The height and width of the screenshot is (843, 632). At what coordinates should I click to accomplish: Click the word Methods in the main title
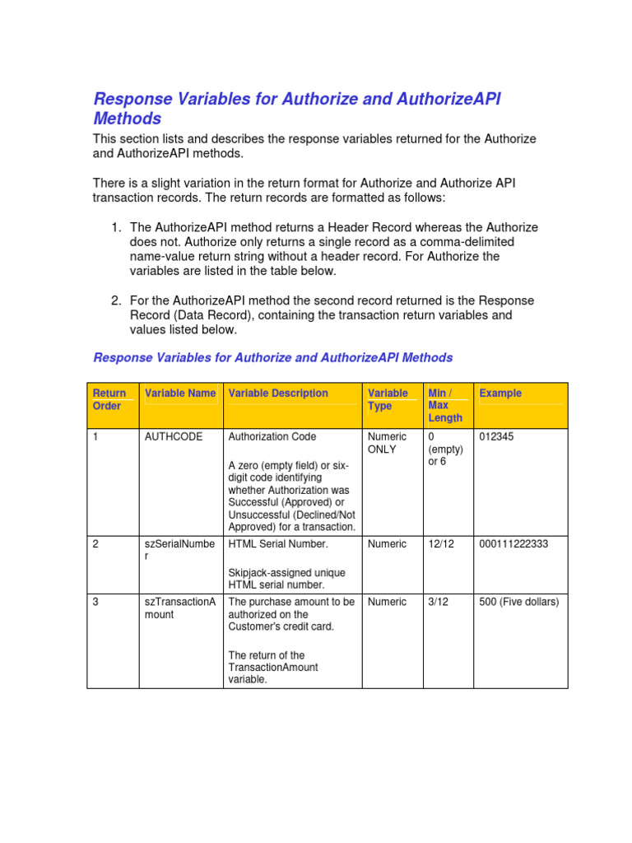click(127, 119)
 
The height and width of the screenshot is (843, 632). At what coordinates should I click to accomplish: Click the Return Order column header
click(109, 399)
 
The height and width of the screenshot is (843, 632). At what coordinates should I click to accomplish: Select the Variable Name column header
click(179, 394)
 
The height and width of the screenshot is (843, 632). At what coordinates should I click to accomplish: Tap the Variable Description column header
click(278, 394)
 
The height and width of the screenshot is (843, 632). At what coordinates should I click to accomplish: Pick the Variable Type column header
click(387, 399)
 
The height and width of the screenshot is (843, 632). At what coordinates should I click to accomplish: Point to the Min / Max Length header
click(445, 405)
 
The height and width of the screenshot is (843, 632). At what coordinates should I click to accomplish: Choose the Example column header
click(500, 394)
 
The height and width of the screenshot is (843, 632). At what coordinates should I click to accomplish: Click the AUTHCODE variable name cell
click(173, 436)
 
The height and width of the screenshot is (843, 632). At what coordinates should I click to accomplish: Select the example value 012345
click(496, 436)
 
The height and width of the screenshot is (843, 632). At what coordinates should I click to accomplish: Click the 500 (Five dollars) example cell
click(518, 602)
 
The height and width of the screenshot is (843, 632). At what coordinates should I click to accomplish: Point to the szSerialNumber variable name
click(179, 550)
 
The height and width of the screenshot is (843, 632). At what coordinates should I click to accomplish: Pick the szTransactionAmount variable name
click(179, 608)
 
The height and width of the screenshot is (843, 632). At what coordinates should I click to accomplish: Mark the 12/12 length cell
click(440, 543)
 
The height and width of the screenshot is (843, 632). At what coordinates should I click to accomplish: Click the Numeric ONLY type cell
click(387, 443)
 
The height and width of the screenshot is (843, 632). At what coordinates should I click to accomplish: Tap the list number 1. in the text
click(116, 227)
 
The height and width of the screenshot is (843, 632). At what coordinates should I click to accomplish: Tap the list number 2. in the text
click(116, 300)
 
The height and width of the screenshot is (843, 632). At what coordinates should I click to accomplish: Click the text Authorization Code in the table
click(272, 436)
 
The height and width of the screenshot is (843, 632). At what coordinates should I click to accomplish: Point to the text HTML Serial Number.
click(277, 543)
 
